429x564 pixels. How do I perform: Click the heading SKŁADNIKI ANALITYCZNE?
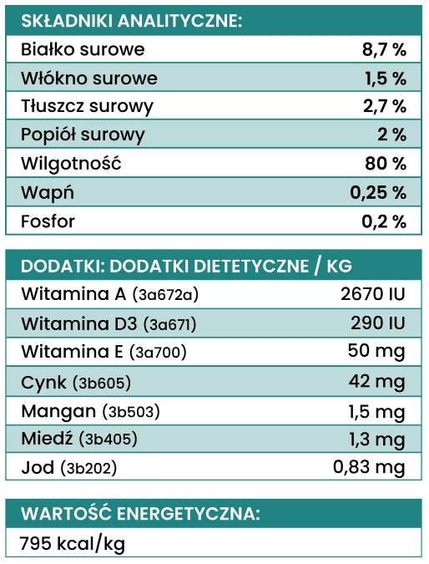[132, 21]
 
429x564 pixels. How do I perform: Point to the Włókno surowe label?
[89, 79]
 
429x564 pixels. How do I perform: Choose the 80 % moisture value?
[386, 163]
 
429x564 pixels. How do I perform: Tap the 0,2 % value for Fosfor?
[384, 221]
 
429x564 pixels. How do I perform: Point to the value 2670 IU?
[373, 294]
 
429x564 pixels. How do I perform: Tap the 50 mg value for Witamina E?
[376, 351]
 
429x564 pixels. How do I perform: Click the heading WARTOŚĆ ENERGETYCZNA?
[140, 512]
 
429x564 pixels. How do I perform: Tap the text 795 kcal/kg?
[73, 544]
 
